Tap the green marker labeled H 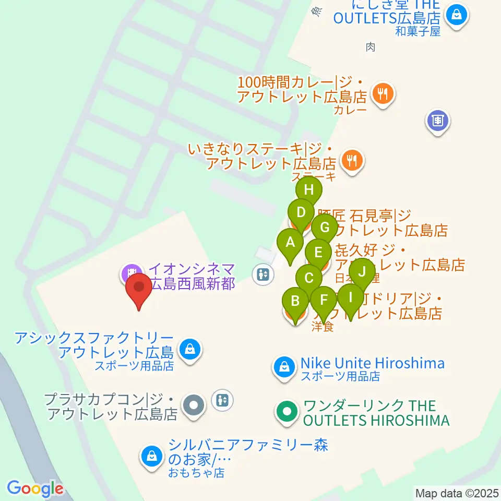point(308,190)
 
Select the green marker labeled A point(290,243)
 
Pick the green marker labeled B point(295,302)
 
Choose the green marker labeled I point(350,298)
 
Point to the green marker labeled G point(325,228)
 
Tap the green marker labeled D point(301,213)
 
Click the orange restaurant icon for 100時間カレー point(383,94)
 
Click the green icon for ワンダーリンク point(286,413)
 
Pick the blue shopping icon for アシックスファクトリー point(190,349)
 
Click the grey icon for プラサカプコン point(194,404)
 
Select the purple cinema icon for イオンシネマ point(131,272)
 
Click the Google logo point(35,488)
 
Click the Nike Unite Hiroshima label point(372,363)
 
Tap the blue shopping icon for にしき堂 point(457,14)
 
